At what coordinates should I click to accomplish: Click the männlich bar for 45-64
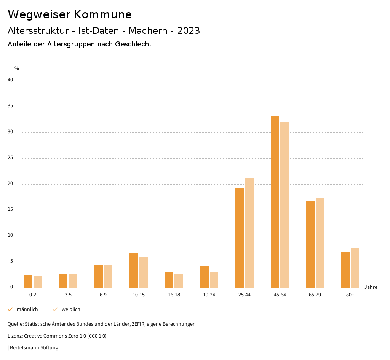tap(275, 202)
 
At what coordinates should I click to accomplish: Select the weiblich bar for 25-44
tap(249, 233)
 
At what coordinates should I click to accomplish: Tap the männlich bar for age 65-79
tap(310, 244)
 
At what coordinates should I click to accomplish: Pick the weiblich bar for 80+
tap(355, 268)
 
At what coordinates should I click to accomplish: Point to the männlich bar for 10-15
tap(134, 271)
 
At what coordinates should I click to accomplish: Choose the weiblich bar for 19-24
tap(214, 280)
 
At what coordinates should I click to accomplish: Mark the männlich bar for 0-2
tap(28, 281)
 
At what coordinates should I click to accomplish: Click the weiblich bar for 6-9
tap(108, 276)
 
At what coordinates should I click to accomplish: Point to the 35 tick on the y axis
tap(10, 106)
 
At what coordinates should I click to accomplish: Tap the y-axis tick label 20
tap(10, 184)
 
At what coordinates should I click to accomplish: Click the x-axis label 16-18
tap(174, 295)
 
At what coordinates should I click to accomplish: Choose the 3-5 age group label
tap(68, 295)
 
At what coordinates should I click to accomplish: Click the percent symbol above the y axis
tap(17, 68)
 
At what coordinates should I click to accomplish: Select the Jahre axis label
tap(371, 287)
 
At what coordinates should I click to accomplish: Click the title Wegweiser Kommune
tap(70, 14)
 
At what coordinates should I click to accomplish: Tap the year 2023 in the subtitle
tap(189, 31)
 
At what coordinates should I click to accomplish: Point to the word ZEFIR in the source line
tap(143, 324)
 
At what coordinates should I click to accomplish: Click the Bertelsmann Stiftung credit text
tap(34, 348)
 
